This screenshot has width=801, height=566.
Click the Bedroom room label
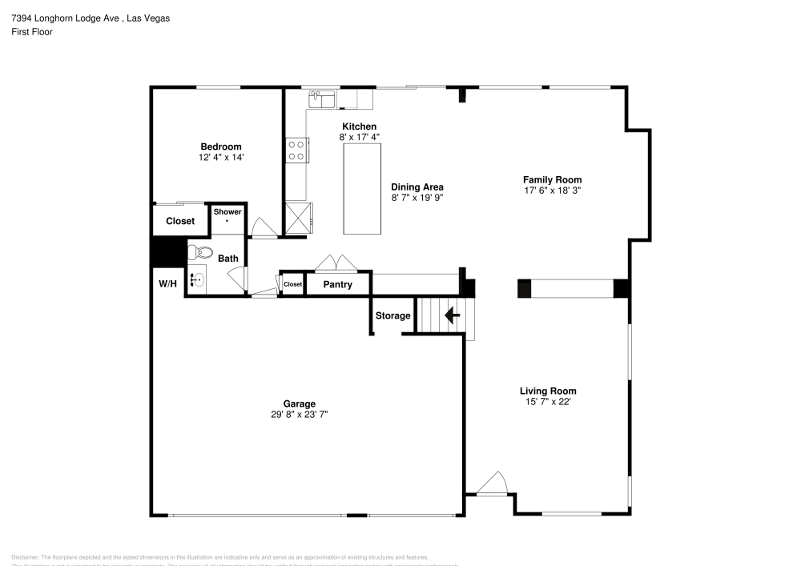point(220,147)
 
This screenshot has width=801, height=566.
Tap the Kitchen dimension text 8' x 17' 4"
point(359,138)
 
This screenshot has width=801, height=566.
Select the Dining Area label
point(417,187)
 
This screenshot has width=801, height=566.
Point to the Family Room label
point(552,180)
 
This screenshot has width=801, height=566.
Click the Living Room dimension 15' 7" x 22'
point(548,402)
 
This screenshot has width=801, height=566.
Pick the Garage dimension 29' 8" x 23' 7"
point(299,415)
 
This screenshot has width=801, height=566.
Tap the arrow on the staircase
point(452,315)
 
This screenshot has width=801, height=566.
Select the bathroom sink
point(197,280)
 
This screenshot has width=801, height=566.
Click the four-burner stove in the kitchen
point(296,151)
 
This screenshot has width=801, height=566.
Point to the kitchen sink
point(322,99)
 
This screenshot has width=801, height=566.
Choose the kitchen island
point(362,191)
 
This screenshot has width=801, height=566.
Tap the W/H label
point(167,284)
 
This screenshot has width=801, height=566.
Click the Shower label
point(227,211)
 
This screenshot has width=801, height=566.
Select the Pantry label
point(337,284)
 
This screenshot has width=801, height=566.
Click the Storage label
point(392,315)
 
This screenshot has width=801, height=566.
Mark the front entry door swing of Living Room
point(491,484)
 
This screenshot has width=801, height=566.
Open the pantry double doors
point(332,263)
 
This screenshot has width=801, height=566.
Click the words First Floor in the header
point(31,32)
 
